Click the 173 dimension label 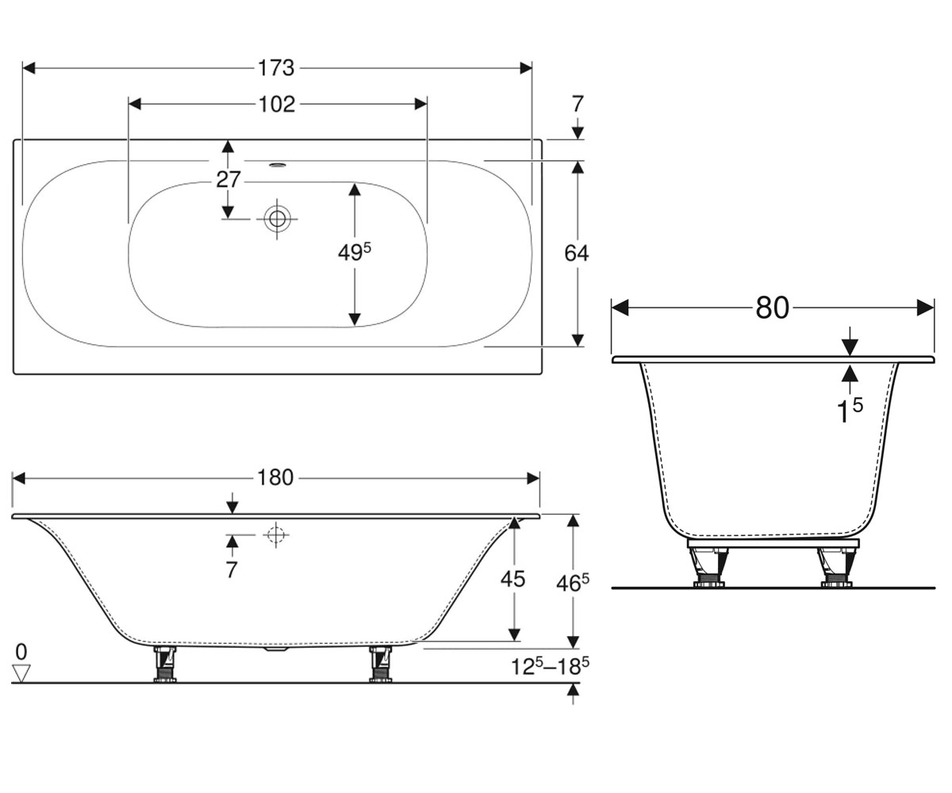tap(276, 68)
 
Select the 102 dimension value tap(277, 105)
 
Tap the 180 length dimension tap(275, 478)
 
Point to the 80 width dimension tap(773, 308)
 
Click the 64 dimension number tap(576, 253)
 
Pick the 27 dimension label tap(228, 179)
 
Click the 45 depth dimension tap(513, 579)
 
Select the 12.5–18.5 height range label tap(550, 666)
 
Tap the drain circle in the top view tap(277, 219)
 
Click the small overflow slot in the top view tap(277, 165)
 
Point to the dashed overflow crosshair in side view tap(276, 534)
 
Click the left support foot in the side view tap(164, 664)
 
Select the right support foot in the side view tap(381, 664)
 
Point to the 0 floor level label tap(21, 652)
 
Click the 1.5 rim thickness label tap(850, 410)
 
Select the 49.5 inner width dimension tap(355, 251)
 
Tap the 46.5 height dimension tap(573, 583)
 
